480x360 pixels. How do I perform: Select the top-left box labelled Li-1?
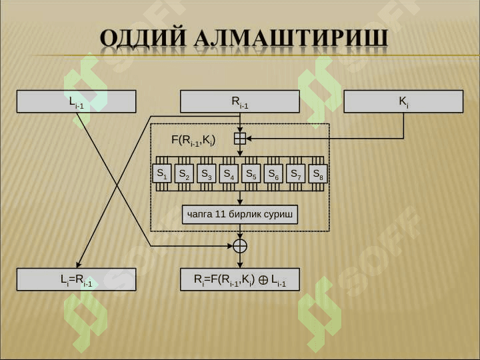76,101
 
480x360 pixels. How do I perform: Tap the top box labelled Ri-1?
240,101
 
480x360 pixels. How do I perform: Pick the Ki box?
403,101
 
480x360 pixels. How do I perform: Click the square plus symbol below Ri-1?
240,139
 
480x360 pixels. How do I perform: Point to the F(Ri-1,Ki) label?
193,140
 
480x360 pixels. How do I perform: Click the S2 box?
185,173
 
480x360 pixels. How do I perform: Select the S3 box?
207,173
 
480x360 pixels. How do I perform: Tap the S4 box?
229,173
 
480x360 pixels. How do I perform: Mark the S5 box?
251,173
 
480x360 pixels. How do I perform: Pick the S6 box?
273,173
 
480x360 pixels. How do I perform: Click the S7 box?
295,173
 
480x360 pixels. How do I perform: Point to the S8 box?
318,173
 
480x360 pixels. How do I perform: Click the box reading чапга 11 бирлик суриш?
240,215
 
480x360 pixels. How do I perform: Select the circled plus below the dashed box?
240,245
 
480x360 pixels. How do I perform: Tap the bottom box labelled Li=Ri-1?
76,280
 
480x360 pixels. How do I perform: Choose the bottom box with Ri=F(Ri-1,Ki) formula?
240,280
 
